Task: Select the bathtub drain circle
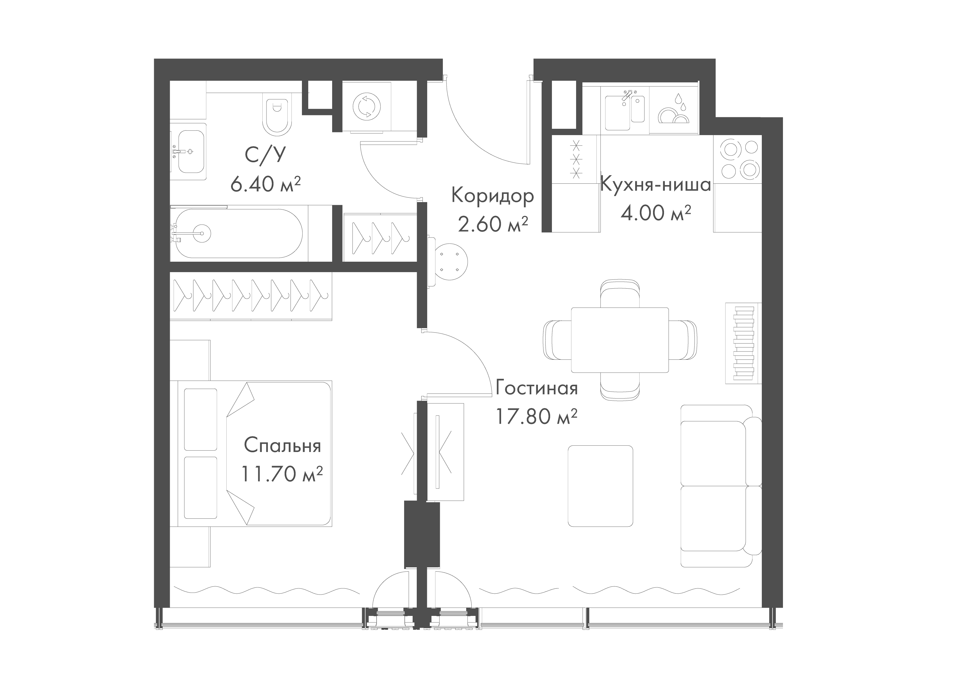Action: click(202, 233)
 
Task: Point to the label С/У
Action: click(265, 155)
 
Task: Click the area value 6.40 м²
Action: click(266, 184)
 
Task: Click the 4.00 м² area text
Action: click(656, 213)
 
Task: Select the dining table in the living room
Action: click(620, 339)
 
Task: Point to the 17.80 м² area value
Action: click(537, 417)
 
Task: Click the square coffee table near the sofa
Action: click(600, 486)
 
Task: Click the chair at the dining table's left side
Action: click(557, 339)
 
